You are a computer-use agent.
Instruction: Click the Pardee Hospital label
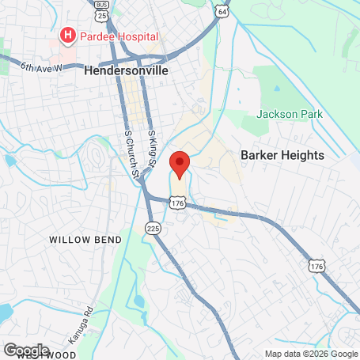click(x=119, y=36)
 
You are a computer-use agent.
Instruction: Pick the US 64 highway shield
click(x=223, y=13)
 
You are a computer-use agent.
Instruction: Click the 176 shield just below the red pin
click(x=178, y=204)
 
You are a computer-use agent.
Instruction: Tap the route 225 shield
click(x=153, y=229)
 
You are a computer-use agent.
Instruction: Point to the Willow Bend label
click(x=85, y=239)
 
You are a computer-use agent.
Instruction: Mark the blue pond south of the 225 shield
click(x=139, y=301)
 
